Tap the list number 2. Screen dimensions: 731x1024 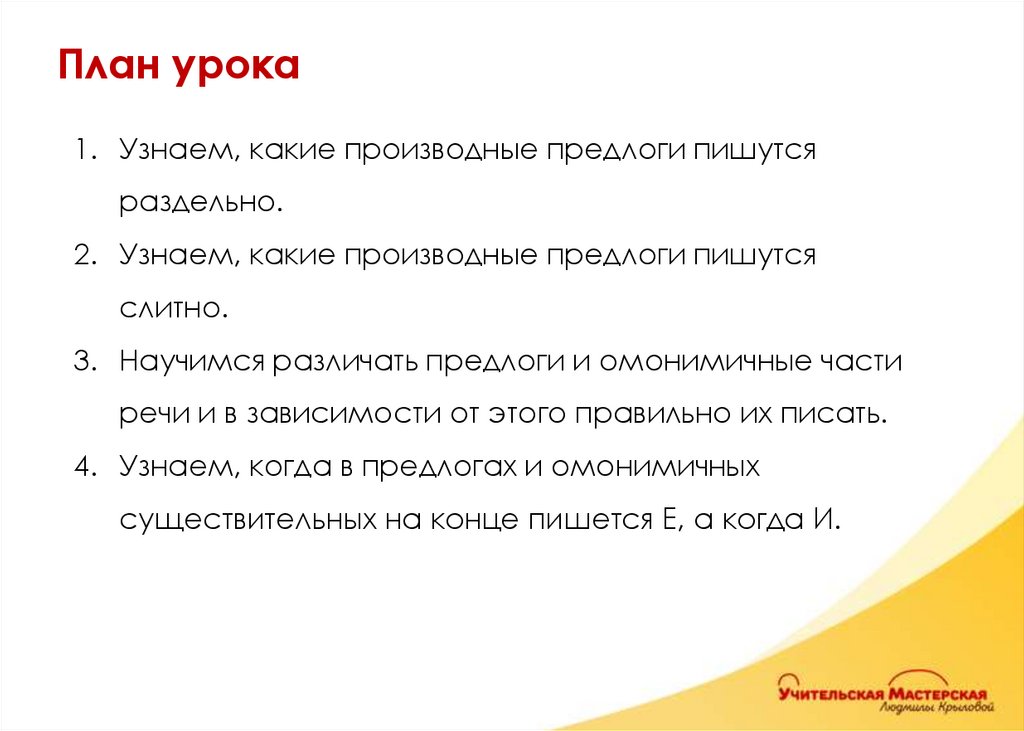(81, 255)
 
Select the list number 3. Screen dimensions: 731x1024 (81, 360)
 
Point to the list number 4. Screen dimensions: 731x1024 (81, 466)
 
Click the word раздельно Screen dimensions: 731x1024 (196, 203)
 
